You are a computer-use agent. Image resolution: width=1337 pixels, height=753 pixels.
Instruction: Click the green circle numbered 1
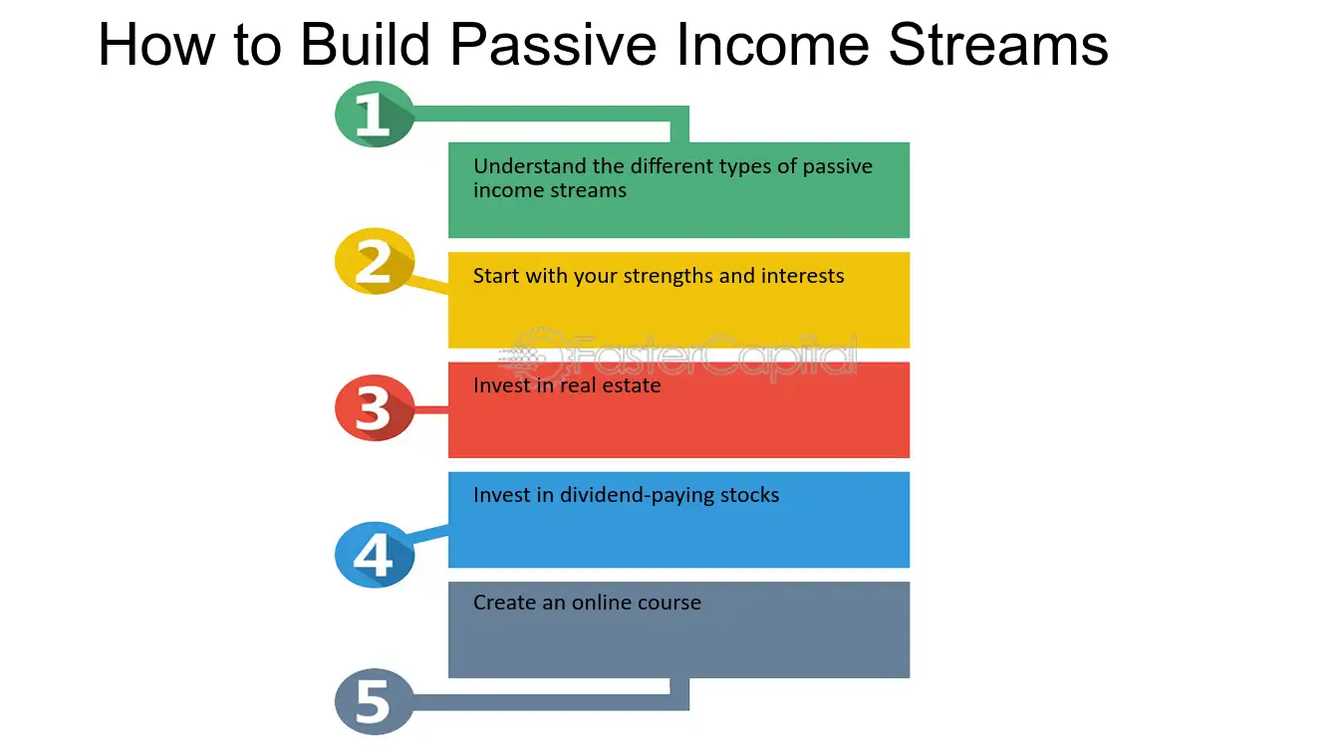coord(373,115)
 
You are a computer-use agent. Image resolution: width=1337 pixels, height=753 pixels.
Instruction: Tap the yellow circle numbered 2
coord(373,261)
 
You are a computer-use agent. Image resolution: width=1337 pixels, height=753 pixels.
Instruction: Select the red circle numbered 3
coord(373,407)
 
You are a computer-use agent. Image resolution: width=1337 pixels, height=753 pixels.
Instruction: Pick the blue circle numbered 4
coord(373,554)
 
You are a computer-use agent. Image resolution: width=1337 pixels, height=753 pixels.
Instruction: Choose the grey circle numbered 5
coord(373,701)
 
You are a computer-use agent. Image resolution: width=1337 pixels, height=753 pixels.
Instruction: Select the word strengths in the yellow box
coord(668,276)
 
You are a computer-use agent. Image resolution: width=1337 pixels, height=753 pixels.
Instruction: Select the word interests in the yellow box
coord(802,276)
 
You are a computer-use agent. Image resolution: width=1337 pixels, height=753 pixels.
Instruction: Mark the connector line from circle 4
coord(430,535)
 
